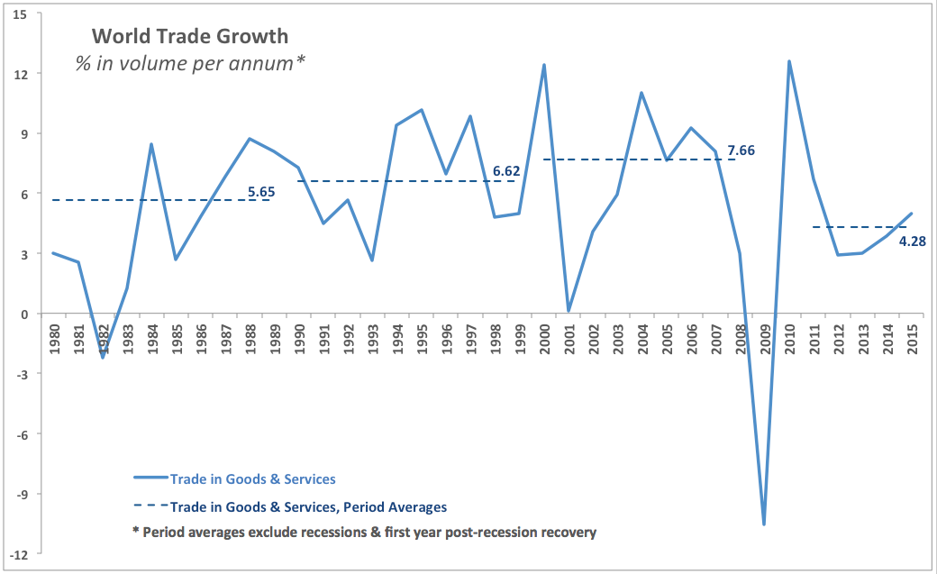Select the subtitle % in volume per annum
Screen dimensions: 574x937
[x=190, y=65]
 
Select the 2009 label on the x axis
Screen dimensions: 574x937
[x=765, y=335]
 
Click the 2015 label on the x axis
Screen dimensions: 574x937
[x=912, y=335]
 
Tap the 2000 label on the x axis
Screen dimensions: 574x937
[x=543, y=335]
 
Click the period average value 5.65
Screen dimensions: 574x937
[x=261, y=191]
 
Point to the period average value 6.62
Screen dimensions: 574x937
[x=507, y=169]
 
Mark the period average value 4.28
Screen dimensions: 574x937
[x=914, y=241]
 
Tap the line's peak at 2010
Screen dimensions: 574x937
[x=789, y=61]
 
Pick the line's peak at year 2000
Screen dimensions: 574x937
[x=544, y=65]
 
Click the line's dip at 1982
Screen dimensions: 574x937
[x=102, y=358]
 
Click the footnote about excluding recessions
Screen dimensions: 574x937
[x=364, y=532]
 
